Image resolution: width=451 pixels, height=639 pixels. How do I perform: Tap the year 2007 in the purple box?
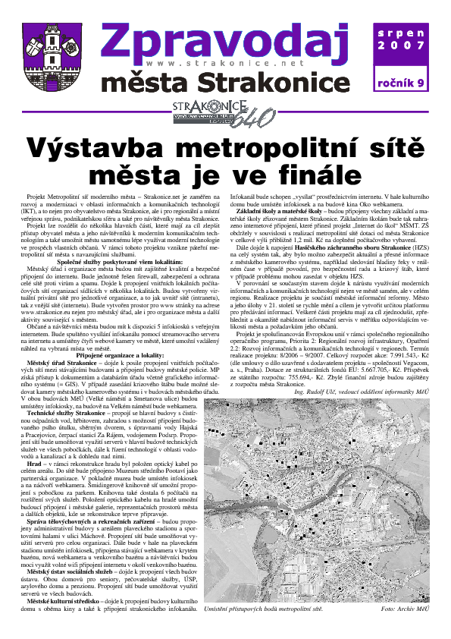(x=406, y=46)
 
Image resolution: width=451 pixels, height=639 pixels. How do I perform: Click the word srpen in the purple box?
(x=406, y=33)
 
